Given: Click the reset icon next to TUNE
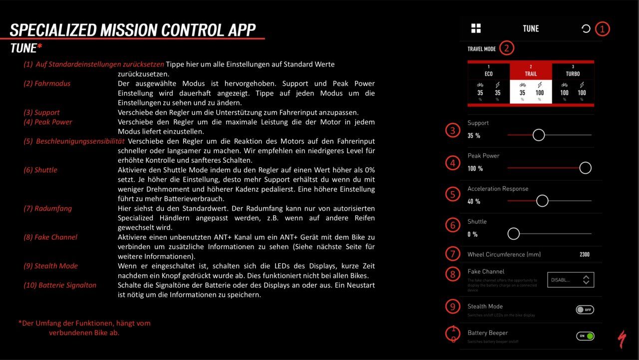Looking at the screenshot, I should [586, 28].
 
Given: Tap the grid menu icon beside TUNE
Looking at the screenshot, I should [476, 28].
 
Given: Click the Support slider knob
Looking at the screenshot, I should [538, 135].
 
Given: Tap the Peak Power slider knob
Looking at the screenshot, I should [585, 168].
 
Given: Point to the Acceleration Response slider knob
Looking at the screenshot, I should [542, 201].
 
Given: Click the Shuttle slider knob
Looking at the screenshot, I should [513, 234].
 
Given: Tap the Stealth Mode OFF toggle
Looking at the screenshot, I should [585, 310].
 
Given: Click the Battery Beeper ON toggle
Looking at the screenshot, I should [585, 336].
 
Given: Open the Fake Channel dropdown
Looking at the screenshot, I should [571, 280].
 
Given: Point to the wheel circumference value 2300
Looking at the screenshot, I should [584, 255].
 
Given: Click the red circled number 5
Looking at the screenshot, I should [453, 194].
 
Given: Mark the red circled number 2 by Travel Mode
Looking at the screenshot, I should [506, 48].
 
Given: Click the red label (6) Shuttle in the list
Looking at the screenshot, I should [40, 170].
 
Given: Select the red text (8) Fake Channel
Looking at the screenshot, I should [50, 237].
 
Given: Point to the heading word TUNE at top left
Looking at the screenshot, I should [23, 48].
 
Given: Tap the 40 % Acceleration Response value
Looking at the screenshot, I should [474, 202].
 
